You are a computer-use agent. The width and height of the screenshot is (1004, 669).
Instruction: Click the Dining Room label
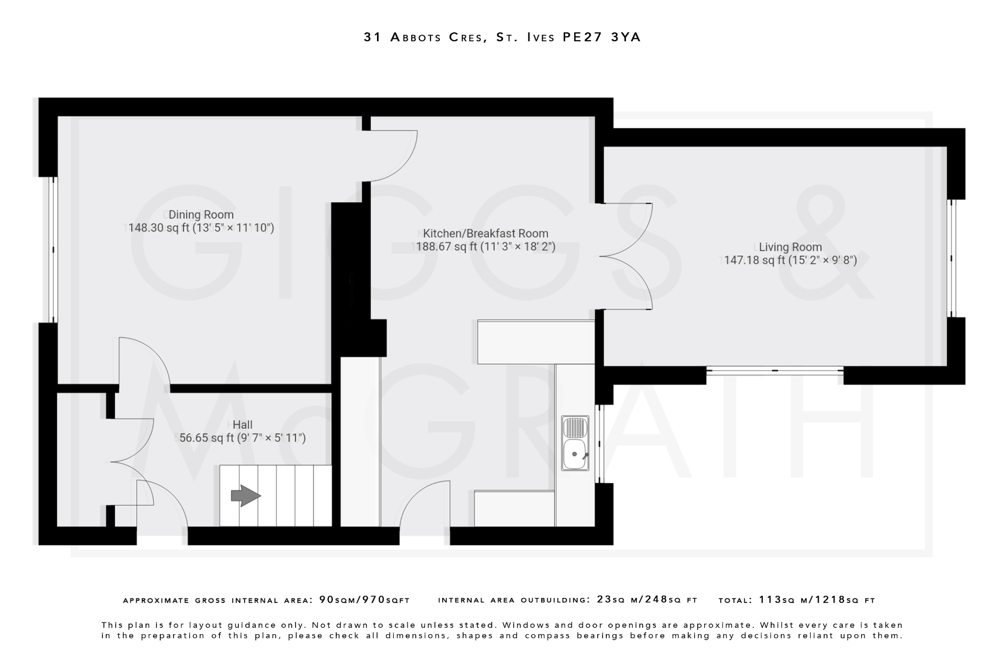[201, 215]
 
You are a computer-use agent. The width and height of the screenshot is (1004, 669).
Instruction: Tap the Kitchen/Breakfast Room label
[485, 233]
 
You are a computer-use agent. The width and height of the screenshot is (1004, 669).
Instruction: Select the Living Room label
[790, 247]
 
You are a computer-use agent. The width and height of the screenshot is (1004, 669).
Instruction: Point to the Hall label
[243, 425]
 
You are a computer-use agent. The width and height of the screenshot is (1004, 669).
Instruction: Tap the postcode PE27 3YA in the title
[602, 37]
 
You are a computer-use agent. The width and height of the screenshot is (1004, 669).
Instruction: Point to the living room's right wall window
[952, 258]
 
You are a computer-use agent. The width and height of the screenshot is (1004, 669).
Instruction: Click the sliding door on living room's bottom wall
[775, 371]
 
